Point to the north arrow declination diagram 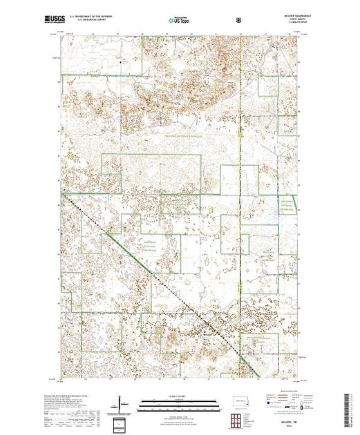(x=122, y=402)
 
